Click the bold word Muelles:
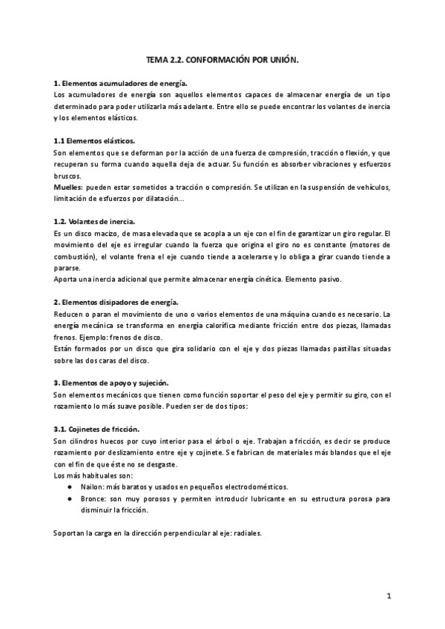(68, 187)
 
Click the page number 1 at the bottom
(388, 596)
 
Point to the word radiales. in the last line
(248, 533)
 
